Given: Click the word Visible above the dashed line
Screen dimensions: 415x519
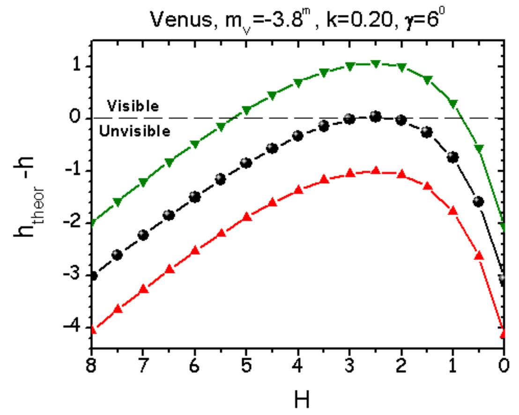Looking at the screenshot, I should click(x=133, y=106).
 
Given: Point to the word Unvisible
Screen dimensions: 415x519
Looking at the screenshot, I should click(x=135, y=132).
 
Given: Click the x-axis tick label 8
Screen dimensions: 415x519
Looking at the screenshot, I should click(x=92, y=366).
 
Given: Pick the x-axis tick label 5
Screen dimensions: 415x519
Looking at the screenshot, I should click(x=246, y=366).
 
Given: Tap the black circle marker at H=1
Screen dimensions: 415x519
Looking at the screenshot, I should click(x=452, y=157).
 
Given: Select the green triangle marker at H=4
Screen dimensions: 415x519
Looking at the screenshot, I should click(x=298, y=83).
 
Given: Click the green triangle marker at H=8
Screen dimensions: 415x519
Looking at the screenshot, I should click(x=92, y=222).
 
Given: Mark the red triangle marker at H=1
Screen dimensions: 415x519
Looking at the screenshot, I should click(x=452, y=211).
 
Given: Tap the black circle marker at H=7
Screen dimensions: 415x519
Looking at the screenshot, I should click(x=143, y=235).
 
